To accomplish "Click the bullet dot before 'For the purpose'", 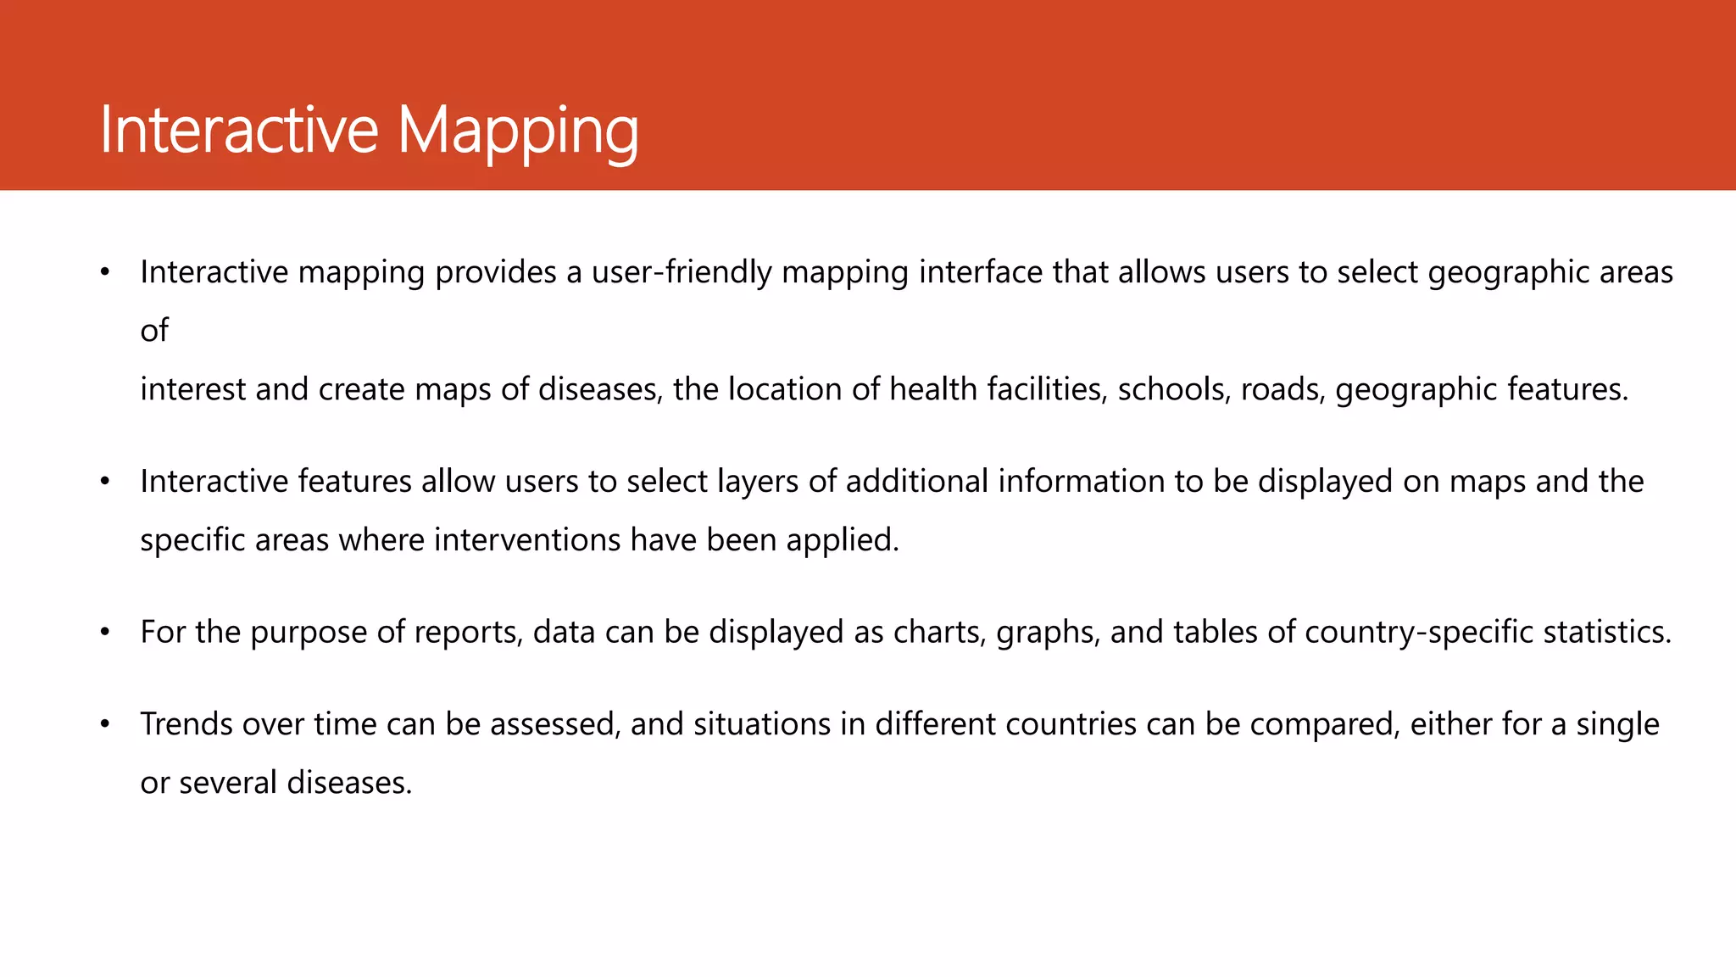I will click(x=104, y=633).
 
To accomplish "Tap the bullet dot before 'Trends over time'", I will click(x=104, y=724).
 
